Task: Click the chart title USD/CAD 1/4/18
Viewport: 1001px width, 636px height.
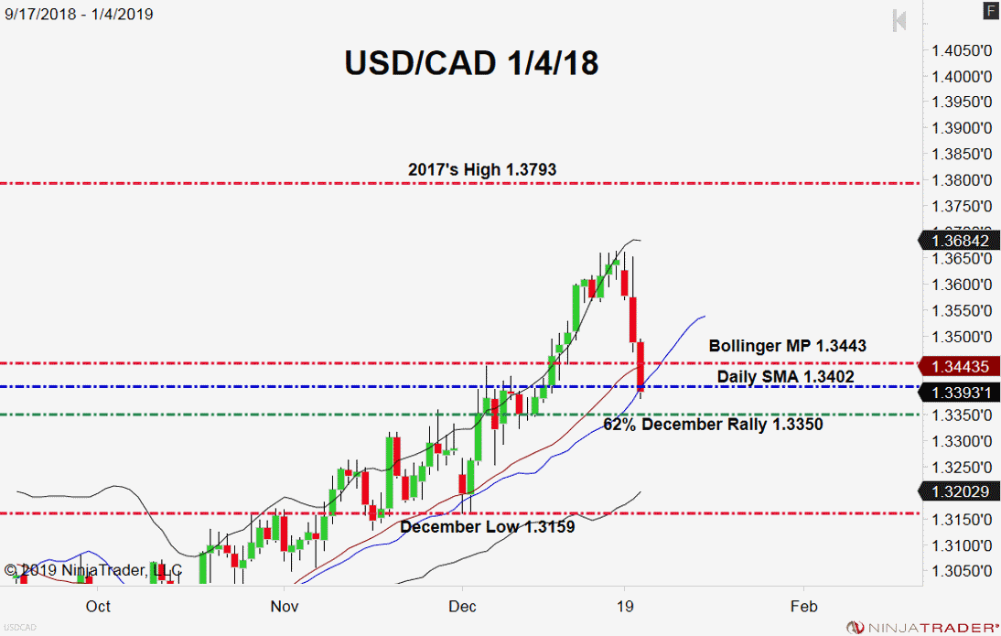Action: click(x=471, y=62)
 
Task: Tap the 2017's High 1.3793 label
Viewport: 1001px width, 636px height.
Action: click(x=481, y=169)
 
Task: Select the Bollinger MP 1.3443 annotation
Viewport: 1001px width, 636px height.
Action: click(x=787, y=346)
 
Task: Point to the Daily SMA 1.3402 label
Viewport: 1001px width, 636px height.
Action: click(x=785, y=376)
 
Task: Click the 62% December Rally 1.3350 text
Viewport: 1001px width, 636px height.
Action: click(x=713, y=425)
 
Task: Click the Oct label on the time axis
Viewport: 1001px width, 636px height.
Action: click(x=98, y=606)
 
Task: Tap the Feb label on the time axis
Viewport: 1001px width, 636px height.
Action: click(x=803, y=606)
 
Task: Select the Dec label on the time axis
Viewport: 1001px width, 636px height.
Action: click(x=463, y=606)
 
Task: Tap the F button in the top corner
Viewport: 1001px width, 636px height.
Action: click(x=990, y=11)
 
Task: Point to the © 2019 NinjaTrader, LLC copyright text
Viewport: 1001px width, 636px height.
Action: click(x=93, y=570)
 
